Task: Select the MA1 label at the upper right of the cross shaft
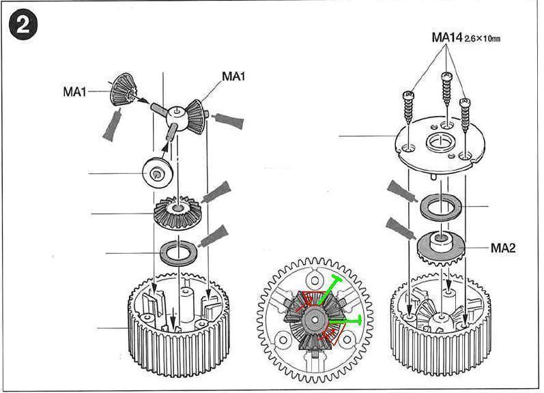tap(233, 77)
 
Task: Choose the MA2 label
tap(503, 248)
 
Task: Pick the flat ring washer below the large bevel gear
tap(179, 254)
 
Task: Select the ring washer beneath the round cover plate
tap(442, 207)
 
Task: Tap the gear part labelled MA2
tap(441, 247)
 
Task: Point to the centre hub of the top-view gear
tap(315, 316)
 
